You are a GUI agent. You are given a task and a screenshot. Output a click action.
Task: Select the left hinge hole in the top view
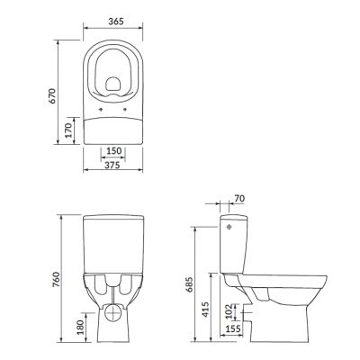[x=98, y=114]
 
